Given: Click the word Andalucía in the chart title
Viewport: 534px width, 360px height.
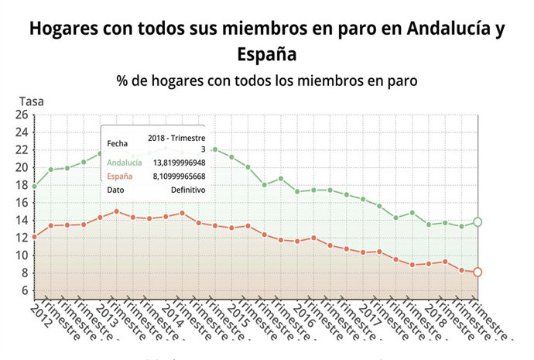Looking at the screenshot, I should (x=446, y=29).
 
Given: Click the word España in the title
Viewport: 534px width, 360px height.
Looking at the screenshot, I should (x=267, y=55).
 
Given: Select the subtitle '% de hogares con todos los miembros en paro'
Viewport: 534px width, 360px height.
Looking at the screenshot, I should (x=267, y=81).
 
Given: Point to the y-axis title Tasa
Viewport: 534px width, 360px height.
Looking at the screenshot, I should (x=31, y=101).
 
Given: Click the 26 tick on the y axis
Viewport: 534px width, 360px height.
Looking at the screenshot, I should (x=21, y=115).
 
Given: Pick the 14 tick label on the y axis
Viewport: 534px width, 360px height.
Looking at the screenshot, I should (x=21, y=221).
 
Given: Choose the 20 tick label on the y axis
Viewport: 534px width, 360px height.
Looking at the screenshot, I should (x=21, y=168).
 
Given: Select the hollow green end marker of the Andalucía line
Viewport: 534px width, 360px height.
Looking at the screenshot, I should (x=478, y=222).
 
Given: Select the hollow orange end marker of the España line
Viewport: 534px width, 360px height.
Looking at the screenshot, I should (x=478, y=272).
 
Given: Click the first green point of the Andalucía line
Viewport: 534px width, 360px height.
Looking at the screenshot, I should (x=35, y=186).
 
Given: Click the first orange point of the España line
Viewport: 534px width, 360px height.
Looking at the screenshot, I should (x=35, y=237).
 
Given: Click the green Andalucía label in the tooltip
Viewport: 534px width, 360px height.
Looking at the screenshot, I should (x=125, y=163).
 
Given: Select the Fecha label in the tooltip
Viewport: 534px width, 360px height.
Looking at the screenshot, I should (x=118, y=142).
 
